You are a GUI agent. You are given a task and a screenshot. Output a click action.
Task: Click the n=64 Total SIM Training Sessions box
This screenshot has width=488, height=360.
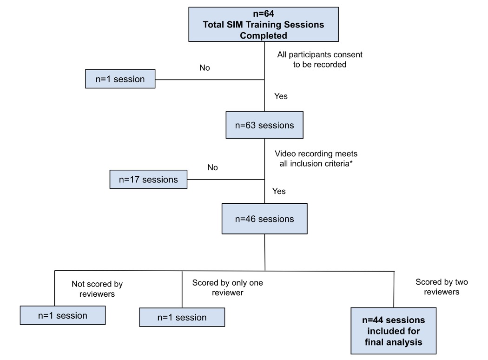(264, 24)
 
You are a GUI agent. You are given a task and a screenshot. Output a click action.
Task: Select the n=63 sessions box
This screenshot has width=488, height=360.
(264, 125)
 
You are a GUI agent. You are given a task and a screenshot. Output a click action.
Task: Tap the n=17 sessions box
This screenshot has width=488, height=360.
(148, 180)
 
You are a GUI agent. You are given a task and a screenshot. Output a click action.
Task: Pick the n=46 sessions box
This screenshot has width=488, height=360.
(264, 219)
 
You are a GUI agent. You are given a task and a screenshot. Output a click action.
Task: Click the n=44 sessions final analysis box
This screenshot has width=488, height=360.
(393, 331)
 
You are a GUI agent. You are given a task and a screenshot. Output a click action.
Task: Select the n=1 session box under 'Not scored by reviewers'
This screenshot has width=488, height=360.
(63, 315)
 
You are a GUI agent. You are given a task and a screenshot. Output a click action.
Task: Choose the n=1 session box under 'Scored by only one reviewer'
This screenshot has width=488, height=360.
(182, 317)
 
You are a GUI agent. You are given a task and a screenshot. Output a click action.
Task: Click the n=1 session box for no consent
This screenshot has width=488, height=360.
(120, 79)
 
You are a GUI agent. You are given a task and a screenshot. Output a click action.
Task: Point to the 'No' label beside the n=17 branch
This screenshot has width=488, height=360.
(212, 167)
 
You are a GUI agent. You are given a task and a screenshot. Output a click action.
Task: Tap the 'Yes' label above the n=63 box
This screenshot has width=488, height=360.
(281, 96)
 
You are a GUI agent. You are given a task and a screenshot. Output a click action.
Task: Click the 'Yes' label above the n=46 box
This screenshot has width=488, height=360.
(279, 191)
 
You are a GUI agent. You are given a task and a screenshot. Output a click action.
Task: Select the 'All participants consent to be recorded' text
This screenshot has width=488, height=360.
(320, 60)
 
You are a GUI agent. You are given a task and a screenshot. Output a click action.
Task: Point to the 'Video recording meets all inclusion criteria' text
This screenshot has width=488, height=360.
(316, 159)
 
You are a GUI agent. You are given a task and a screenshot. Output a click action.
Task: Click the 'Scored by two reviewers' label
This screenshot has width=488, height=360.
(442, 287)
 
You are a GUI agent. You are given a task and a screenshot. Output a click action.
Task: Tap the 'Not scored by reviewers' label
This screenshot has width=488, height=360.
(97, 289)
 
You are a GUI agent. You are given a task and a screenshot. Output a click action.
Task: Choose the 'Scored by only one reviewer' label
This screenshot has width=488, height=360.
(228, 287)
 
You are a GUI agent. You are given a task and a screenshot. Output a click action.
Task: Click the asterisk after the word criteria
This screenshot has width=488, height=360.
(351, 162)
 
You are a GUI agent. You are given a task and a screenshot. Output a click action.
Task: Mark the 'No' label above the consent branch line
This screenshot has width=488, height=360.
(205, 68)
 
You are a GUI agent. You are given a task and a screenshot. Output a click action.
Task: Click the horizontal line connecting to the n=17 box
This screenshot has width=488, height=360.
(226, 180)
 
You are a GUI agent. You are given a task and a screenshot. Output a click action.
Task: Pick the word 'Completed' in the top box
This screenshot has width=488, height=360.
(264, 35)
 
